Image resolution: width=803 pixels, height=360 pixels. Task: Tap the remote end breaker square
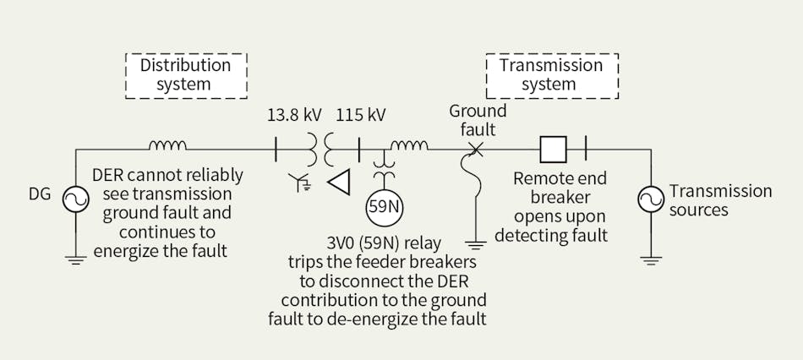click(553, 150)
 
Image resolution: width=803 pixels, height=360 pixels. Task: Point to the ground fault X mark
click(476, 150)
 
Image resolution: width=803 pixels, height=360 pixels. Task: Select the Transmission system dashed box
click(551, 74)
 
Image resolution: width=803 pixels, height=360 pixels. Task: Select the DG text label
click(40, 195)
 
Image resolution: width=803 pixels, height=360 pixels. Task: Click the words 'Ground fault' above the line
click(477, 120)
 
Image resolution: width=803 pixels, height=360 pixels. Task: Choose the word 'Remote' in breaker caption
click(538, 179)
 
